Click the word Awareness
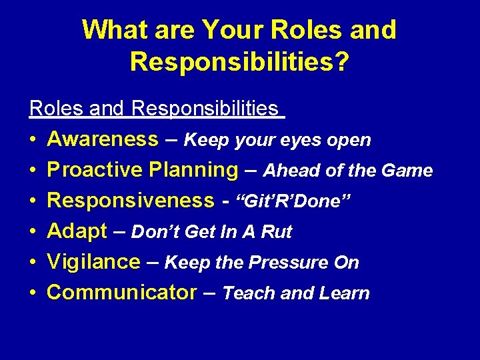103,139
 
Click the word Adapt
77,231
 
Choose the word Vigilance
94,262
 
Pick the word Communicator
122,293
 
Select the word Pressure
284,263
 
